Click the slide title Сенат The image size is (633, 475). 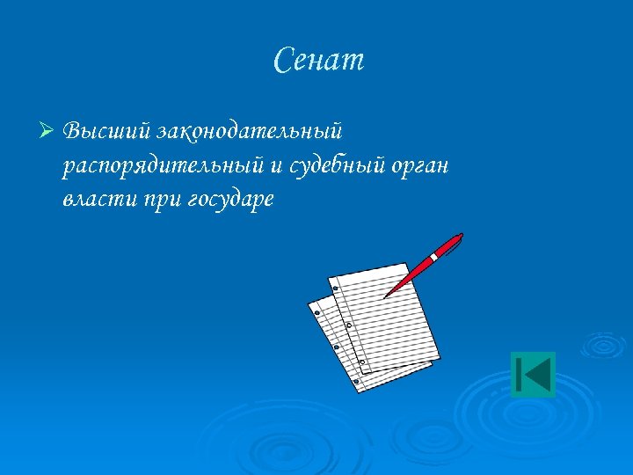[318, 61]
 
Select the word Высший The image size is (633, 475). [107, 132]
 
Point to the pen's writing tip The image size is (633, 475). [385, 296]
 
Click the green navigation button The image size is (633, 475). [533, 374]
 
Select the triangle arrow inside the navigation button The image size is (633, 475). [538, 374]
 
